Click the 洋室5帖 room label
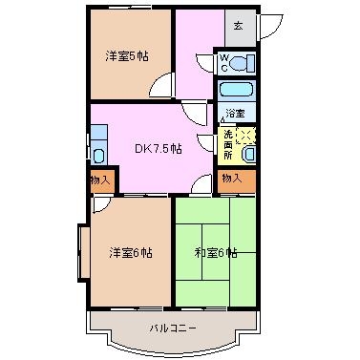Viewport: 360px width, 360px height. (x=127, y=56)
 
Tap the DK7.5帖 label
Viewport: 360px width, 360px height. (x=159, y=148)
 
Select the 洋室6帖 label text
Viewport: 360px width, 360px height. (x=131, y=253)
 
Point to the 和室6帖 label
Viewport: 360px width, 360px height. (x=216, y=253)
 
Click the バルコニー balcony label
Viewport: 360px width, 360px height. (x=173, y=328)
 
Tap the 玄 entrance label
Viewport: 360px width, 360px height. (x=239, y=25)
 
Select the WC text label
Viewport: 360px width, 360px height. (x=224, y=63)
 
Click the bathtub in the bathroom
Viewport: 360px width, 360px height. (x=236, y=89)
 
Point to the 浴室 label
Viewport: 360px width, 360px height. (x=235, y=113)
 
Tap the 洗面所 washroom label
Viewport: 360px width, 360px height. (x=228, y=144)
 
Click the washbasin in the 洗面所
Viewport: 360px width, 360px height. (x=248, y=155)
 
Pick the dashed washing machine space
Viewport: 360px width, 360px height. (x=246, y=136)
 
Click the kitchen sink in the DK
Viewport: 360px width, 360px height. (x=99, y=156)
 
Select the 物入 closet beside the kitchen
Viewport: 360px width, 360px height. (x=102, y=180)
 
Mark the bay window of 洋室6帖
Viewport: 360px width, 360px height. (x=84, y=252)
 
